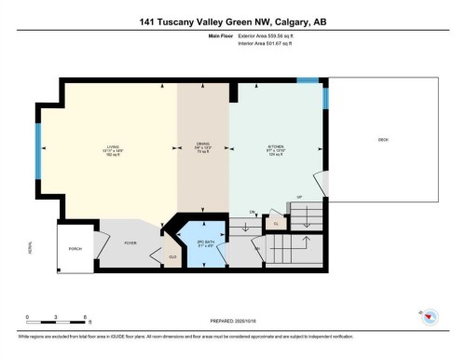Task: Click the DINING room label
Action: (202, 147)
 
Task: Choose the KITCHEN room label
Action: (275, 147)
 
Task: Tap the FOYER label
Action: (130, 241)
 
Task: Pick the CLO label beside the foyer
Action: (172, 256)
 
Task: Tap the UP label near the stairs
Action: (300, 198)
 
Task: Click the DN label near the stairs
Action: (252, 212)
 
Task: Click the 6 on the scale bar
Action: (85, 317)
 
